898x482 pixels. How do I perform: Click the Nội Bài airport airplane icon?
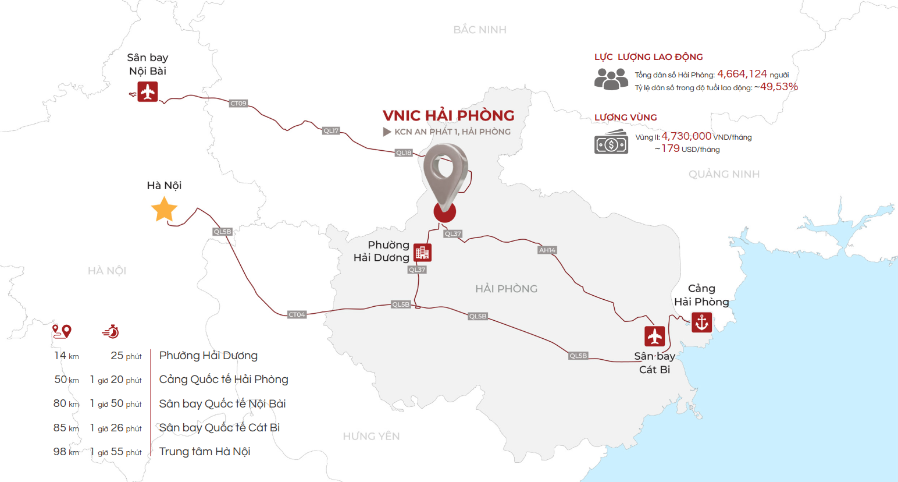click(x=148, y=91)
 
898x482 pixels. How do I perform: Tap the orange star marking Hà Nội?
click(x=164, y=210)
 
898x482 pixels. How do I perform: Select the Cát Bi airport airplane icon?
click(x=655, y=336)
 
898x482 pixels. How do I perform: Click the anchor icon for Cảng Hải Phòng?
click(x=701, y=322)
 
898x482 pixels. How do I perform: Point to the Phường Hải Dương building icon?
click(x=422, y=253)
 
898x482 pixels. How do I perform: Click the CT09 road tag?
click(x=238, y=104)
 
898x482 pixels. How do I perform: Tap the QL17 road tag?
click(x=331, y=131)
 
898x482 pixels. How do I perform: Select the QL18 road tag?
click(x=404, y=153)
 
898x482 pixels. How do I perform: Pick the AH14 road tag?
click(x=547, y=250)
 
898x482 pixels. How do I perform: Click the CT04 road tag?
click(x=297, y=315)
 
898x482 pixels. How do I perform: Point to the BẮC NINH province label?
click(x=480, y=30)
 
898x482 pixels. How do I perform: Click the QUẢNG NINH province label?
click(x=724, y=174)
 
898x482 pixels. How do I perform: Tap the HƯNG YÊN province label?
click(x=371, y=436)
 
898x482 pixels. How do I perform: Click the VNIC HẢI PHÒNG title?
click(x=448, y=115)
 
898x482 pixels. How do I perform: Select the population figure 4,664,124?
click(x=742, y=74)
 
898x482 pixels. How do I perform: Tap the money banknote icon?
click(x=611, y=141)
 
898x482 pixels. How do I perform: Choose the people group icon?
click(x=611, y=79)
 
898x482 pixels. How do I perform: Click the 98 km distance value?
click(x=66, y=452)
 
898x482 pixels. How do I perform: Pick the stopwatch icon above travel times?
click(x=111, y=332)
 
